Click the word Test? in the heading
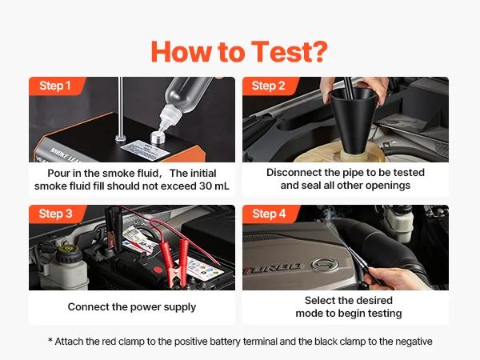click(x=290, y=52)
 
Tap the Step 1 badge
click(x=55, y=86)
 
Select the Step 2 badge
click(x=269, y=86)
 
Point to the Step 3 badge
click(x=55, y=214)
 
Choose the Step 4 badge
click(x=269, y=214)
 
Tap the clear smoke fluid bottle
click(x=183, y=102)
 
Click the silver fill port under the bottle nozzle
click(x=158, y=137)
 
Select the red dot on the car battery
click(x=158, y=270)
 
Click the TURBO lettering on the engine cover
click(x=274, y=268)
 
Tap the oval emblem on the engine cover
click(x=324, y=264)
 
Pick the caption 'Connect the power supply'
click(x=132, y=306)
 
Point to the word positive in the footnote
click(x=191, y=342)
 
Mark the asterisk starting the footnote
click(x=50, y=340)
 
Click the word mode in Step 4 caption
click(x=307, y=314)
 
